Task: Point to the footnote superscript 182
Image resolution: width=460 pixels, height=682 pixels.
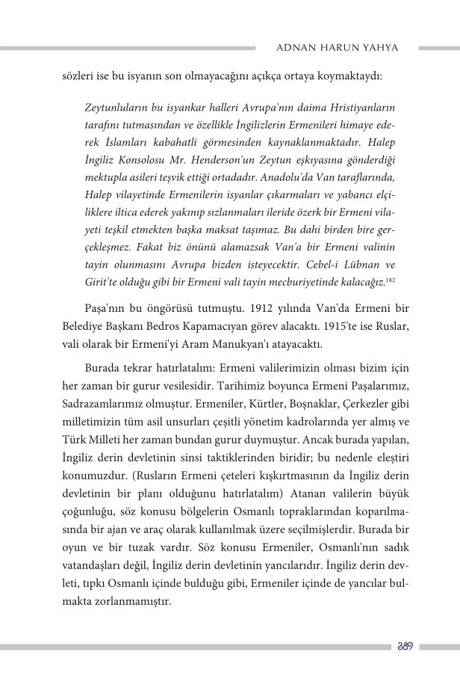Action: [391, 278]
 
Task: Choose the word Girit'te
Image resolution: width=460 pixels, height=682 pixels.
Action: [103, 282]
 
